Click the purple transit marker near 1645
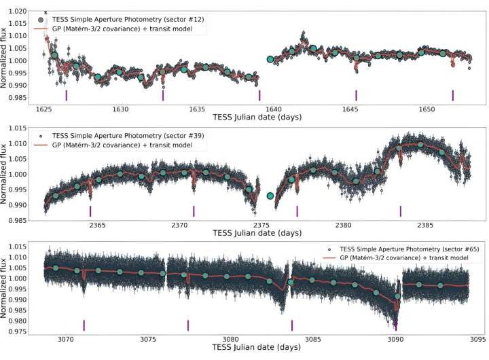pyautogui.click(x=356, y=95)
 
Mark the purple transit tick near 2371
pyautogui.click(x=194, y=211)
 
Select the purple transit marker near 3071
pyautogui.click(x=84, y=325)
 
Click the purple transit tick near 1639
pyautogui.click(x=259, y=95)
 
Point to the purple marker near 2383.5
pyautogui.click(x=401, y=211)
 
